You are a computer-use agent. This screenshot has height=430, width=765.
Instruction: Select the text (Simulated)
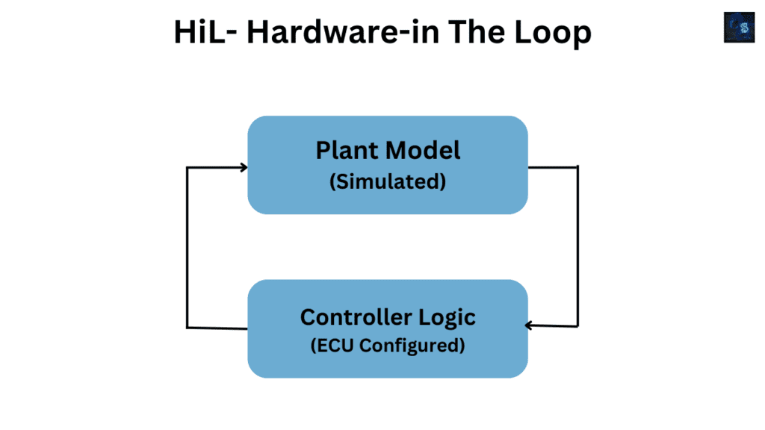[387, 181]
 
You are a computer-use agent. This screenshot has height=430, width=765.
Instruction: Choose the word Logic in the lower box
[447, 317]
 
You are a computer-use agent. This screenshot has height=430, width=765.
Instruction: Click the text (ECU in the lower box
[332, 346]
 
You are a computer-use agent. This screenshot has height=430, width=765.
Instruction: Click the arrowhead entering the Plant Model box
[243, 167]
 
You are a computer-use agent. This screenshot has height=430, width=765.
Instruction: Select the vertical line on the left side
[187, 246]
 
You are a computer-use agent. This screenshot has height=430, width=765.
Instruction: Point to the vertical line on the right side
[577, 246]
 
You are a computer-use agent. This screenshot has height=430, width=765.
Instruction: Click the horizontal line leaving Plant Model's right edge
[553, 166]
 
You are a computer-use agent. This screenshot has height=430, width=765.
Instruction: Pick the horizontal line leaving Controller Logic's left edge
[217, 327]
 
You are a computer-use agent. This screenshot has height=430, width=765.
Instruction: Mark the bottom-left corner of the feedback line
[188, 327]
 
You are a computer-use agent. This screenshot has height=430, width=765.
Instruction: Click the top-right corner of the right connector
[577, 167]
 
